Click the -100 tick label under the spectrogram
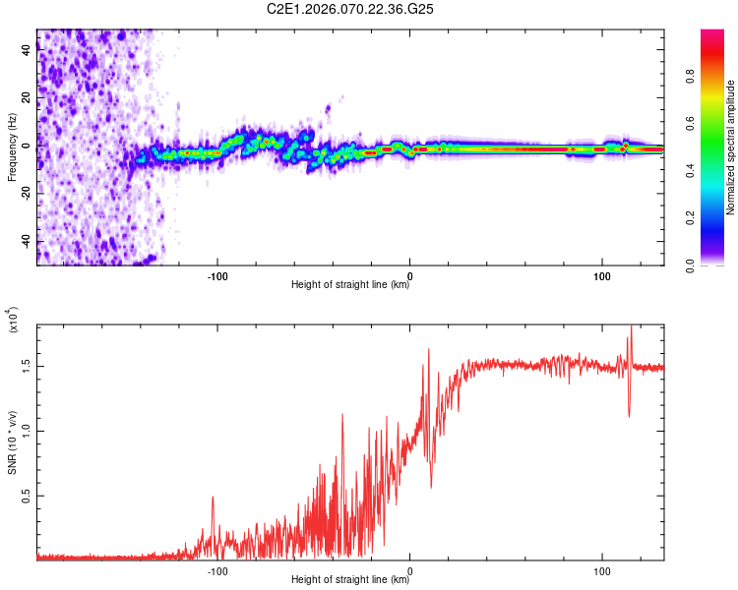[x=217, y=274]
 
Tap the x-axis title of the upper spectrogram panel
[x=350, y=285]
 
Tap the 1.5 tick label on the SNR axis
[x=26, y=366]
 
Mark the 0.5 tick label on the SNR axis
[x=26, y=497]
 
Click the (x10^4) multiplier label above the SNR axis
[x=14, y=321]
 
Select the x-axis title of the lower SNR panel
[x=350, y=580]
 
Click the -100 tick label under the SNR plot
[x=217, y=569]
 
